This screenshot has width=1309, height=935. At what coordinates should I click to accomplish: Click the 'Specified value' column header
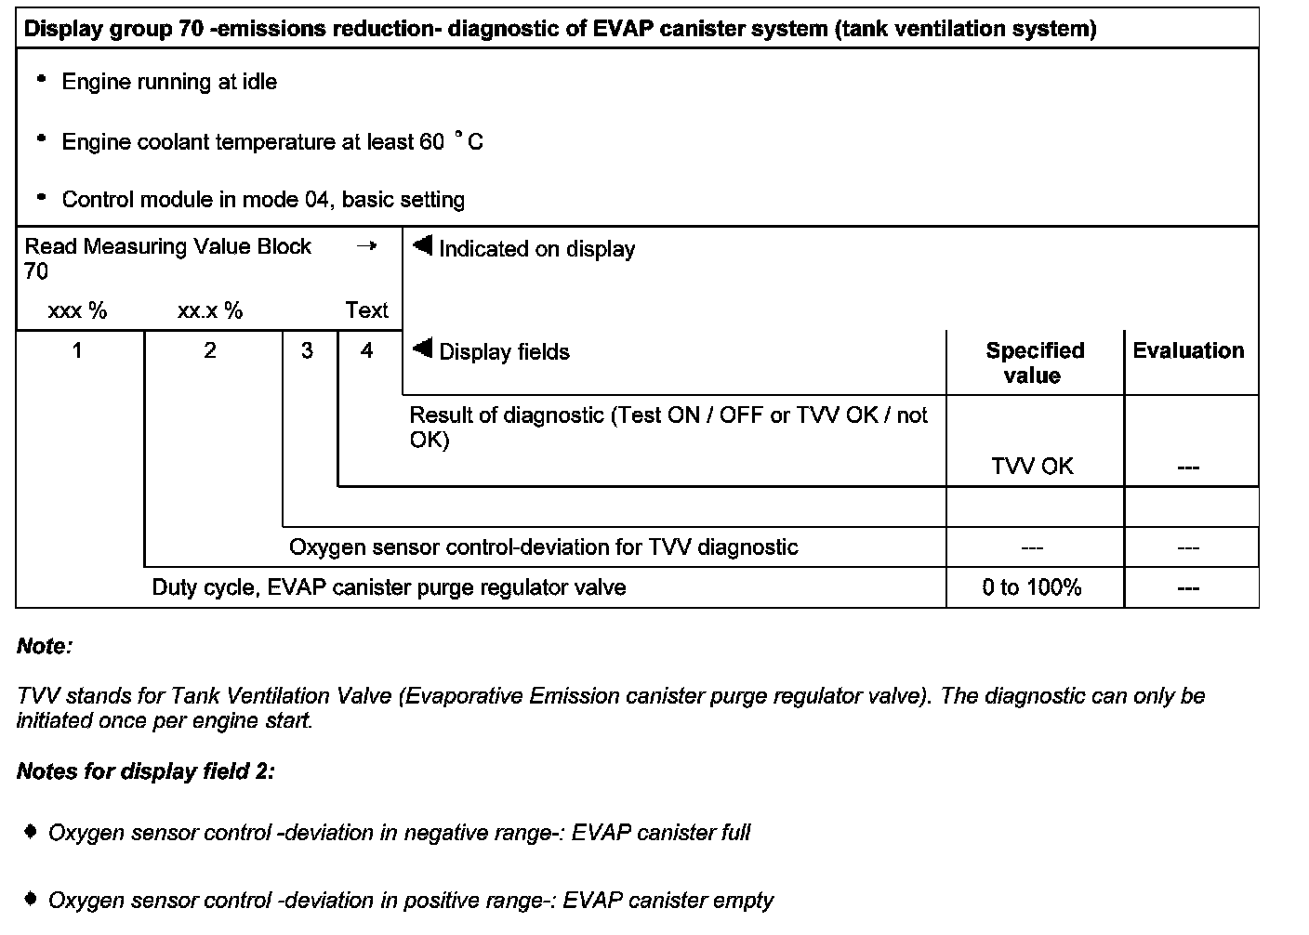[x=1034, y=363]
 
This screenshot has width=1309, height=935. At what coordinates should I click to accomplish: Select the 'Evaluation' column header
[x=1188, y=351]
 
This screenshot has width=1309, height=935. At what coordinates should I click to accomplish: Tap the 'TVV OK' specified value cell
[x=1032, y=467]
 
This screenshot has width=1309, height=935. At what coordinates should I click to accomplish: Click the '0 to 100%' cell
[x=1032, y=588]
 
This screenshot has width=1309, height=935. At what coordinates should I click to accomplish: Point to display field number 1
[x=77, y=350]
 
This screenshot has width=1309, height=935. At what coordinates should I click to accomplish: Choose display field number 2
[x=210, y=350]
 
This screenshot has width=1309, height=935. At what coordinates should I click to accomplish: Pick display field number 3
[x=307, y=351]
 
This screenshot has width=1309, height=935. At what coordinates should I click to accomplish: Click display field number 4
[x=367, y=351]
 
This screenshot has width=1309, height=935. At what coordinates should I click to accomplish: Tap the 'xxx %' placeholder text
[x=77, y=311]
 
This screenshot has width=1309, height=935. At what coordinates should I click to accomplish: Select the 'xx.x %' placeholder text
[x=210, y=311]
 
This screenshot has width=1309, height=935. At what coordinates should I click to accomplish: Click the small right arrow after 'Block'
[x=367, y=246]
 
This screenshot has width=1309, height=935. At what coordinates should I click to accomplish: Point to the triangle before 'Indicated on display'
[x=423, y=246]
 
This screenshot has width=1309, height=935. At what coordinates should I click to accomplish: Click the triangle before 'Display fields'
[x=423, y=349]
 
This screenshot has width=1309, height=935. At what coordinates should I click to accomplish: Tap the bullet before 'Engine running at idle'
[x=41, y=80]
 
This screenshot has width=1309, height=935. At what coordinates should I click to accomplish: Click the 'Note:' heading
[x=44, y=647]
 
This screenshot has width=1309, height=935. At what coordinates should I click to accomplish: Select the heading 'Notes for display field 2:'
[x=145, y=772]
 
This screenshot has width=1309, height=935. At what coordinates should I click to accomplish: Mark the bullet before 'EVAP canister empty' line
[x=32, y=899]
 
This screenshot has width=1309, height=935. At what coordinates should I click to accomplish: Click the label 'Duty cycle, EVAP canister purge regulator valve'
[x=389, y=588]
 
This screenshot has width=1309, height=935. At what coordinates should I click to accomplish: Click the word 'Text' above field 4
[x=366, y=310]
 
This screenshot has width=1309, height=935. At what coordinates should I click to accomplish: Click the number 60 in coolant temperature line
[x=432, y=143]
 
